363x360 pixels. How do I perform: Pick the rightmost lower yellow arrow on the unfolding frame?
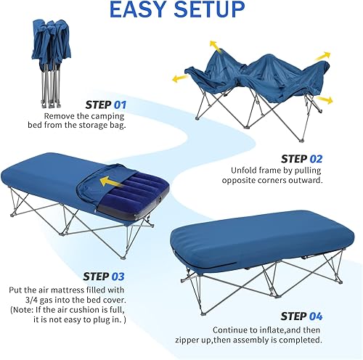tap(325, 99)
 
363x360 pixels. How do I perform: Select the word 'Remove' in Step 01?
tap(60, 115)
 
